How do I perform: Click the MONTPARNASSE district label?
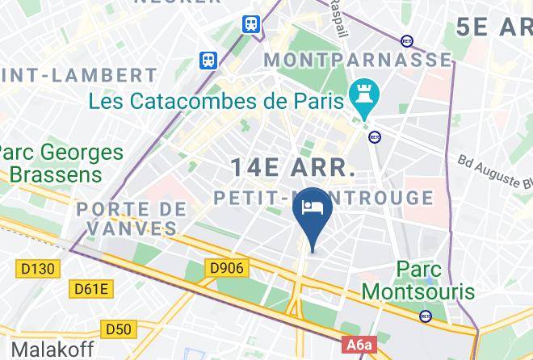click(x=359, y=60)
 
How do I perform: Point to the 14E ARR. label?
click(x=292, y=168)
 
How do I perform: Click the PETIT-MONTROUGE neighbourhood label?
click(x=324, y=198)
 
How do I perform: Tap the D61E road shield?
click(x=92, y=288)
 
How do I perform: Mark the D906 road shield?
click(x=228, y=267)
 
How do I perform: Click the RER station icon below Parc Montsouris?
click(x=426, y=316)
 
